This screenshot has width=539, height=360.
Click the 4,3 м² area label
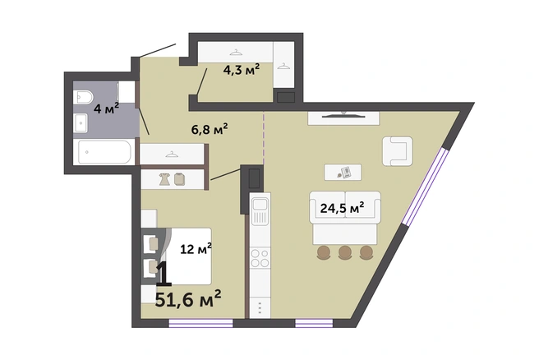pyautogui.click(x=242, y=70)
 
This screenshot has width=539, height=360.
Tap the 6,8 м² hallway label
pyautogui.click(x=210, y=129)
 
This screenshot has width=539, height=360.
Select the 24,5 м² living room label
pyautogui.click(x=342, y=208)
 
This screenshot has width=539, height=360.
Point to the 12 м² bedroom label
pyautogui.click(x=196, y=248)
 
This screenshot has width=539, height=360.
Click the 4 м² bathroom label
pyautogui.click(x=107, y=108)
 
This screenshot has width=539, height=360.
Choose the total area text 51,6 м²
pyautogui.click(x=188, y=299)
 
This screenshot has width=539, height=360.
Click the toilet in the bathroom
pyautogui.click(x=83, y=97)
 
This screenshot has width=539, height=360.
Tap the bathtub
pyautogui.click(x=104, y=152)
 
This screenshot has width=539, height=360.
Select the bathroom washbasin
pyautogui.click(x=81, y=122)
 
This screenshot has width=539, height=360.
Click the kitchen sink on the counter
pyautogui.click(x=260, y=211)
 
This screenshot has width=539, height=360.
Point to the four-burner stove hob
pyautogui.click(x=260, y=258)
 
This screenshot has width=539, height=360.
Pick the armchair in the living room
pyautogui.click(x=398, y=151)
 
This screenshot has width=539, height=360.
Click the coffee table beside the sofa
pyautogui.click(x=343, y=173)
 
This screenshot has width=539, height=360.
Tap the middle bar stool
pyautogui.click(x=345, y=252)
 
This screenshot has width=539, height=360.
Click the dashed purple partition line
pyautogui.click(x=264, y=138)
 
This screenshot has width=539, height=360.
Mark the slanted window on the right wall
pyautogui.click(x=426, y=187)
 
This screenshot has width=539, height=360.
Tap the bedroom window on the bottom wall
pyautogui.click(x=200, y=323)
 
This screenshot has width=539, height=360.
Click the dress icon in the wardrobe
pyautogui.click(x=164, y=179)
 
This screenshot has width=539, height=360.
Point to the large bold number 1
pyautogui.click(x=164, y=274)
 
